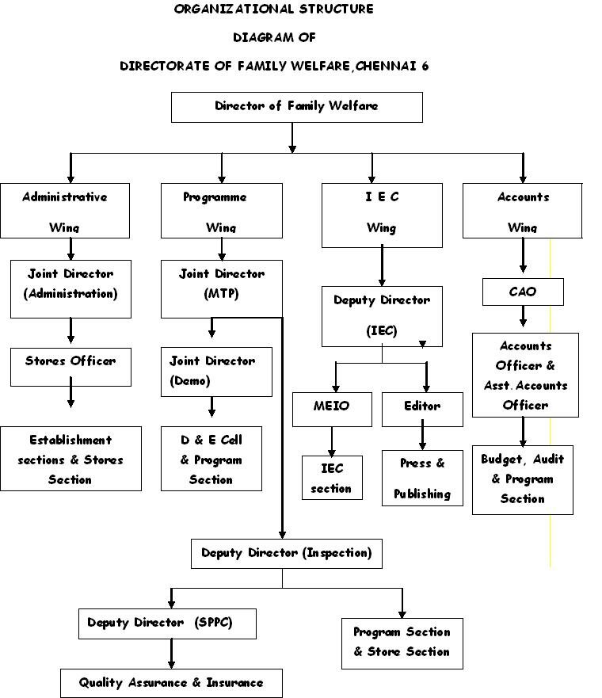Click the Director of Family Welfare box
296,107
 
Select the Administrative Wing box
65,211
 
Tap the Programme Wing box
221,211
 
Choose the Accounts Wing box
522,211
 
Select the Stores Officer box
70,366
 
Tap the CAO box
523,292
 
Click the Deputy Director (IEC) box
382,316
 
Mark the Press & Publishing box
422,478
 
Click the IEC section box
332,478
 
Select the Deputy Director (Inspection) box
286,553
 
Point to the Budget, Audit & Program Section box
523,479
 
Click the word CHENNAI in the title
388,66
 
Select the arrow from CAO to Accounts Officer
523,318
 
